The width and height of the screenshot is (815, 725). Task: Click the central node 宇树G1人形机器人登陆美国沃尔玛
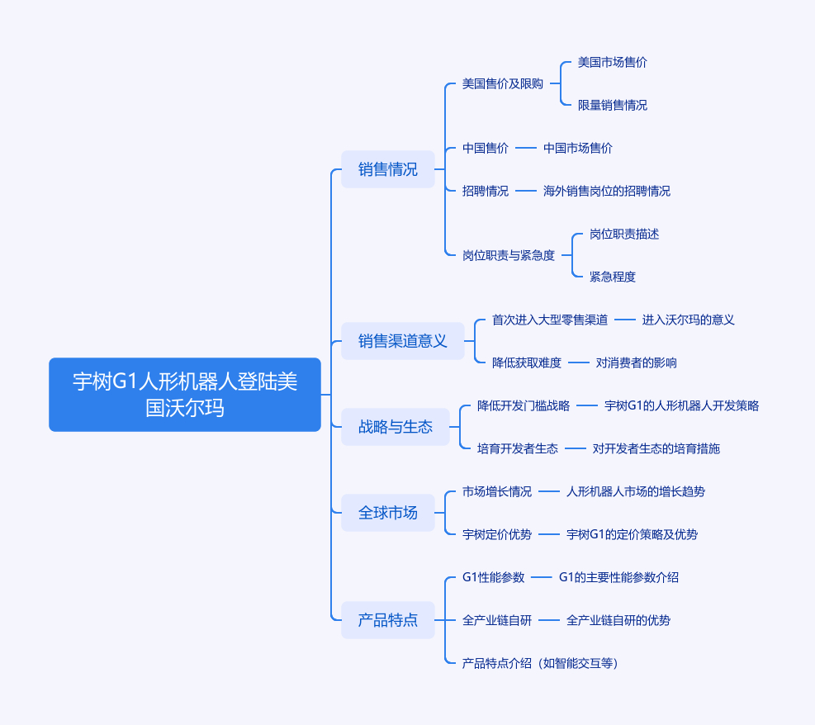(x=185, y=395)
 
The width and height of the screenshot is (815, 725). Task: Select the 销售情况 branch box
(x=388, y=169)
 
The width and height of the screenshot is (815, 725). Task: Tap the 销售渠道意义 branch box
(x=403, y=341)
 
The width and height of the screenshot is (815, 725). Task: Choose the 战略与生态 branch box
(x=396, y=427)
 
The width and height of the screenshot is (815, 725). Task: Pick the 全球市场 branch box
(x=388, y=513)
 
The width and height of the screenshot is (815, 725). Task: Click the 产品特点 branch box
(x=388, y=620)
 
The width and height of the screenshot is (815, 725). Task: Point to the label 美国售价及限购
(x=503, y=83)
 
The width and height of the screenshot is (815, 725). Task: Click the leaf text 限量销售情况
(x=613, y=105)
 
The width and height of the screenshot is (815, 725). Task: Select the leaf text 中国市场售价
(x=578, y=148)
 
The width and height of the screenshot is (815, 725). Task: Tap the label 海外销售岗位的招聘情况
(x=607, y=191)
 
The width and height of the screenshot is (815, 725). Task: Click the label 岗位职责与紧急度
(x=509, y=255)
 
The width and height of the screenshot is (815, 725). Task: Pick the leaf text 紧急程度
(x=613, y=277)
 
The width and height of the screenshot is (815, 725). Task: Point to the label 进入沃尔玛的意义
(x=689, y=320)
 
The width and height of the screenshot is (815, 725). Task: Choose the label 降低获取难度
(x=527, y=362)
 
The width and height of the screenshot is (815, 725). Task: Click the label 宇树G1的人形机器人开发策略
(x=682, y=405)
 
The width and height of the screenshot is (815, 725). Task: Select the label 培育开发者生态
(x=518, y=448)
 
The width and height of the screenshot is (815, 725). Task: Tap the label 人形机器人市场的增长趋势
(x=636, y=491)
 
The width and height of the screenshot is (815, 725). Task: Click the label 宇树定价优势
(x=497, y=534)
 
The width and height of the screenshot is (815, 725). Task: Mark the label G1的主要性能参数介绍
(x=618, y=577)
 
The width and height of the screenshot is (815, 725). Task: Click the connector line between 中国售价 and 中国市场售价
(x=526, y=148)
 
